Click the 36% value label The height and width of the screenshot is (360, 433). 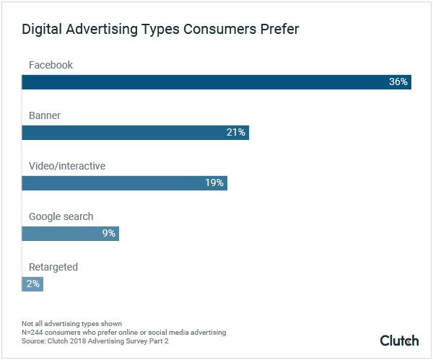pos(398,82)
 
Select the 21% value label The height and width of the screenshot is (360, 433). pos(236,133)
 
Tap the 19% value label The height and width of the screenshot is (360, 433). pos(214,183)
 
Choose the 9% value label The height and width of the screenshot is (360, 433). pos(108,234)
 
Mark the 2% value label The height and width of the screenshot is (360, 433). pos(33,284)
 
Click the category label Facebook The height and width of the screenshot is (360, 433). pos(51,65)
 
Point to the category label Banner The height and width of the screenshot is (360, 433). pos(44,115)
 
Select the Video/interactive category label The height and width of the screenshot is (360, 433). pos(67,166)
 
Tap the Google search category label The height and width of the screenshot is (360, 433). pos(61,216)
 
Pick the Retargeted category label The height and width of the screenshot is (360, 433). pos(53,267)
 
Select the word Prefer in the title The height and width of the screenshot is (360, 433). pos(279,30)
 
